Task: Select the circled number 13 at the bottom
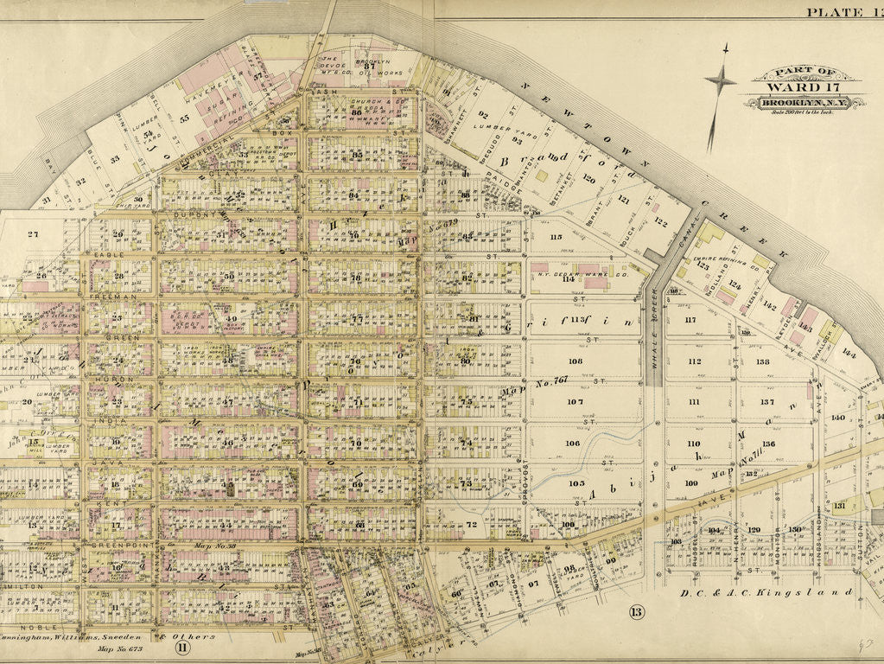(637, 613)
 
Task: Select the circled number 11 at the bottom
(182, 644)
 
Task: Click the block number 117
(690, 321)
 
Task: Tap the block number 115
(556, 237)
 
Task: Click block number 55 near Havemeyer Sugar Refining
(184, 119)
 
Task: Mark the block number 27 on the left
(34, 234)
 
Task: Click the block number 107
(575, 402)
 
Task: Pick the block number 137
(766, 402)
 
